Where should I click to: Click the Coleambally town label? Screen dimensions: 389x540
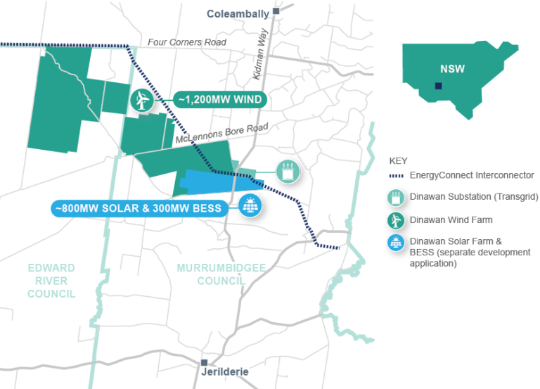[x=238, y=13]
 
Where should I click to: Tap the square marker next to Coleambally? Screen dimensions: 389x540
[x=277, y=11]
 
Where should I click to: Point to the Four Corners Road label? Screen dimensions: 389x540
[x=187, y=43]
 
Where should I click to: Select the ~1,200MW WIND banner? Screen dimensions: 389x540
[x=220, y=100]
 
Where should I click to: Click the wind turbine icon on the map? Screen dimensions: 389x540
[x=141, y=100]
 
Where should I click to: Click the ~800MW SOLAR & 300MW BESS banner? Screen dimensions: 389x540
[x=137, y=208]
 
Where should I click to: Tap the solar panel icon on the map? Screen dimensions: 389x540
[x=248, y=206]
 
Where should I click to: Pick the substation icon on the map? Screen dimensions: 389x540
[x=288, y=171]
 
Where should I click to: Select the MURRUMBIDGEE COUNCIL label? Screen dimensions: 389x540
[x=212, y=274]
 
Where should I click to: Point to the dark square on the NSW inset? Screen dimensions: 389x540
[x=438, y=87]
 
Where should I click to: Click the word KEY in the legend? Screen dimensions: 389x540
[x=398, y=160]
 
